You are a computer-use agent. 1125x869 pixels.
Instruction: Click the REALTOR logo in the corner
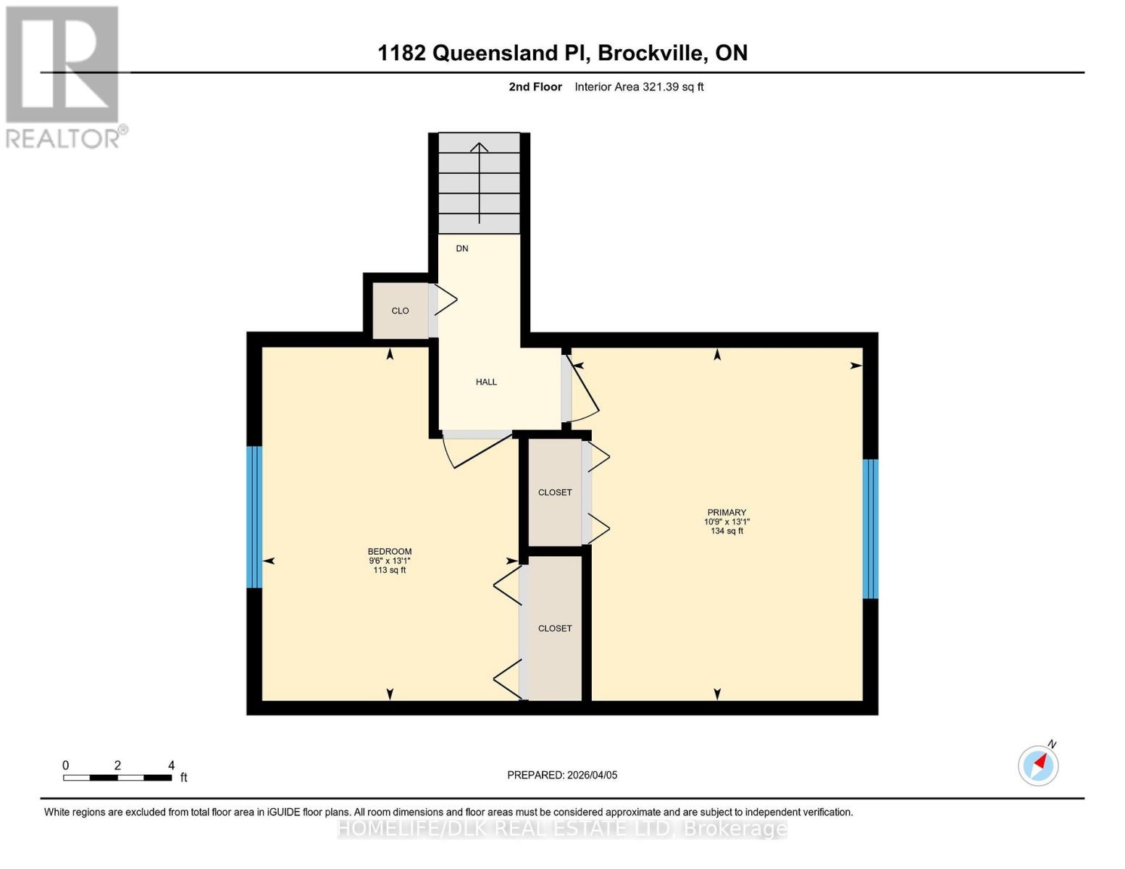pos(64,77)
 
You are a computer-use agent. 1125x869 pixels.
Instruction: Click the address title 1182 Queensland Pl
pos(562,53)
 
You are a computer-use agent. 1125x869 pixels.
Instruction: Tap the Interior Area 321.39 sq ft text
pos(639,87)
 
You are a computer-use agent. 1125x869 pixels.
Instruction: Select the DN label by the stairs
pos(462,248)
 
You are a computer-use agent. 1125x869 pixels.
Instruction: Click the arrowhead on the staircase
pos(479,147)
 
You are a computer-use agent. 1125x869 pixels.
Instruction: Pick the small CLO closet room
pos(400,311)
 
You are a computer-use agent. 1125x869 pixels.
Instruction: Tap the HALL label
pos(486,382)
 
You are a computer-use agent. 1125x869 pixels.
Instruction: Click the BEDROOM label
pos(390,551)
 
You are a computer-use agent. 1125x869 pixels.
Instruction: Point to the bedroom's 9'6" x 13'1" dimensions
pos(390,561)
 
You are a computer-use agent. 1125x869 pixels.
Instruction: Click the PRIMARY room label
pos(727,512)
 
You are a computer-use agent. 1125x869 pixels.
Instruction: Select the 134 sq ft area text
pos(727,531)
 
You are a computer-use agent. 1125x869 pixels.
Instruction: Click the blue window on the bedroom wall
pos(254,517)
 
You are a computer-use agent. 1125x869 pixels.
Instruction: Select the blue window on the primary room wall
pos(870,529)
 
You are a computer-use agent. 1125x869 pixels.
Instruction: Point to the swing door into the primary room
pos(583,387)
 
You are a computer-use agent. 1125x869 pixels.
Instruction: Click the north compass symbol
pos(1038,765)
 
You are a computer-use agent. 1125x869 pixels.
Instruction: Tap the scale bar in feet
pos(117,777)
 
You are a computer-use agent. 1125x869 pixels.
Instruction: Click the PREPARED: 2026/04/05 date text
pos(562,775)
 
